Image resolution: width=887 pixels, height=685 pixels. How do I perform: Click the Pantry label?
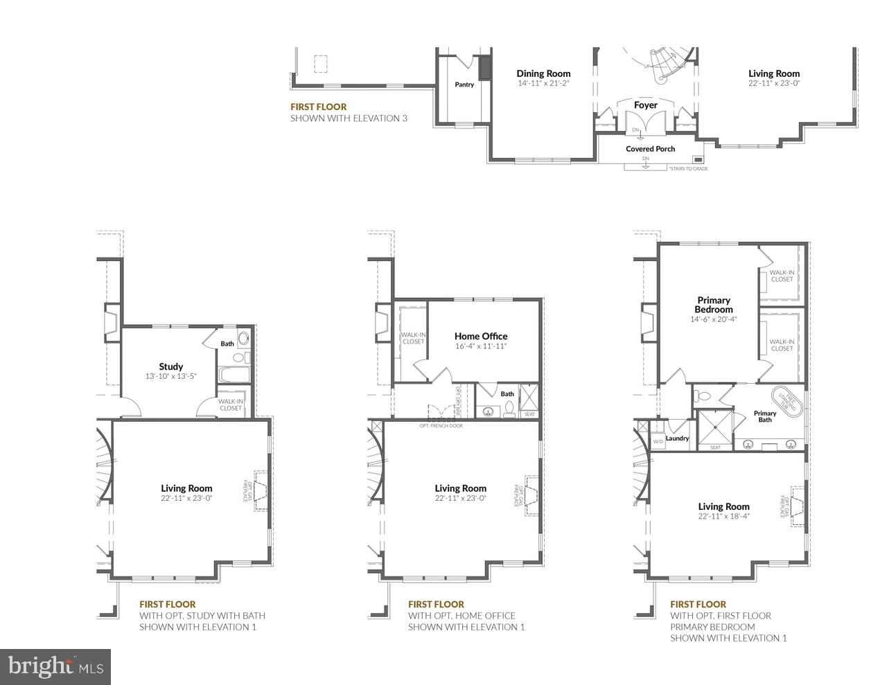[x=464, y=84]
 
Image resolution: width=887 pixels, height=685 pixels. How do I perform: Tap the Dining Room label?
[x=543, y=73]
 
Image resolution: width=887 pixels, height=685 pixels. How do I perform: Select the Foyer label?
[x=645, y=105]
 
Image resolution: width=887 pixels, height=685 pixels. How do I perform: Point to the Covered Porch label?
[x=650, y=149]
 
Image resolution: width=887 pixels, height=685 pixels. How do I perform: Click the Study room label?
[x=170, y=366]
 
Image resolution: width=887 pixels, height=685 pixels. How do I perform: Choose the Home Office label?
[x=481, y=336]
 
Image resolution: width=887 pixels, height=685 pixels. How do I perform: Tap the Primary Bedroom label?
[x=714, y=305]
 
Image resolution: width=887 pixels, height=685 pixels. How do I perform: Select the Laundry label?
[x=677, y=438]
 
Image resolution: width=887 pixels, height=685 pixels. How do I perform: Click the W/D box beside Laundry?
[x=658, y=441]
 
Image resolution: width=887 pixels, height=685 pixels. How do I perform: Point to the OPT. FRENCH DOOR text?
[x=441, y=425]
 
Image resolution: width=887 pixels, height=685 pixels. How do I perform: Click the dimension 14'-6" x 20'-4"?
[x=714, y=319]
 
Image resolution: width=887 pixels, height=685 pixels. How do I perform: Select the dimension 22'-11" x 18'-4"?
[x=723, y=516]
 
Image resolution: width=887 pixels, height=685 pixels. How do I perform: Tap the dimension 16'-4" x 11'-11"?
[x=481, y=346]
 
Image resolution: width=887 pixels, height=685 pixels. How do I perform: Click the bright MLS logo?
[x=55, y=667]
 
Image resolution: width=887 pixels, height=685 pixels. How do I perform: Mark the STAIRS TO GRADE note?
[x=688, y=168]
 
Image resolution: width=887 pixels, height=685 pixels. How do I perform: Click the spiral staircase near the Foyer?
[x=662, y=62]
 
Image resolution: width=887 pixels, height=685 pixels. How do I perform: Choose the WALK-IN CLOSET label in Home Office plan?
[x=413, y=338]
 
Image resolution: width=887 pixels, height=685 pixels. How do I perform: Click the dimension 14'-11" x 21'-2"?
[x=543, y=83]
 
